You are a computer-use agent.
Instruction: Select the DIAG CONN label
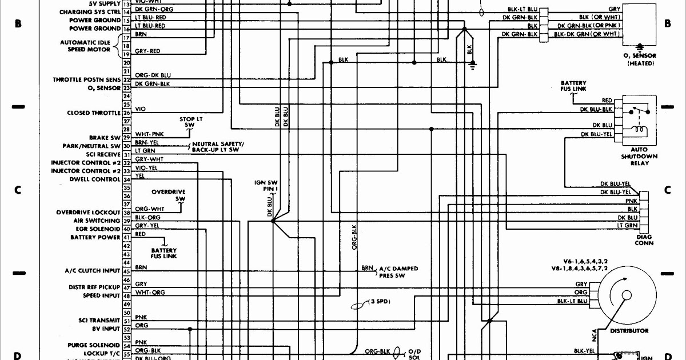click(x=644, y=239)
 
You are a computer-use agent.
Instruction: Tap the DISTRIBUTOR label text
click(x=629, y=331)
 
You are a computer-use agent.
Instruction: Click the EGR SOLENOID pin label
click(x=97, y=229)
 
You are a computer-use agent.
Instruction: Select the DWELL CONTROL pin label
click(x=95, y=179)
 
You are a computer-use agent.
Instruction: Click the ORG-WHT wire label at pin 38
click(x=149, y=210)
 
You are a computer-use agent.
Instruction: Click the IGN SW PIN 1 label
click(x=266, y=185)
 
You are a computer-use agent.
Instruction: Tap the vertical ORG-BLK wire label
click(x=354, y=237)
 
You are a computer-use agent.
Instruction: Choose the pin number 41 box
click(x=126, y=237)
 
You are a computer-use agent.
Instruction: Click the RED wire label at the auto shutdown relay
click(x=607, y=101)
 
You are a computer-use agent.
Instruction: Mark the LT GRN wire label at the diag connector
click(x=627, y=226)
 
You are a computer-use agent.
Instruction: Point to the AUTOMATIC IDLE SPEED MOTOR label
click(x=85, y=46)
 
